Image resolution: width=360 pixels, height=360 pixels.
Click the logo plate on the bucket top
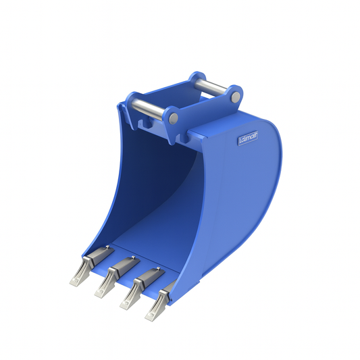[249, 140]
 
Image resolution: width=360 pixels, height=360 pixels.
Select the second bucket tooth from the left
[102, 287]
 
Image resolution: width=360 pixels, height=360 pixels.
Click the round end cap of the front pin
[174, 118]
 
